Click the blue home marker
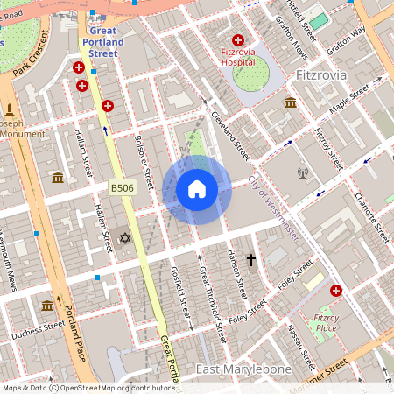coord(197,189)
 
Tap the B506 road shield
coord(123,188)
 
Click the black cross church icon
coord(251,260)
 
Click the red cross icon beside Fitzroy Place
coord(336,290)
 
